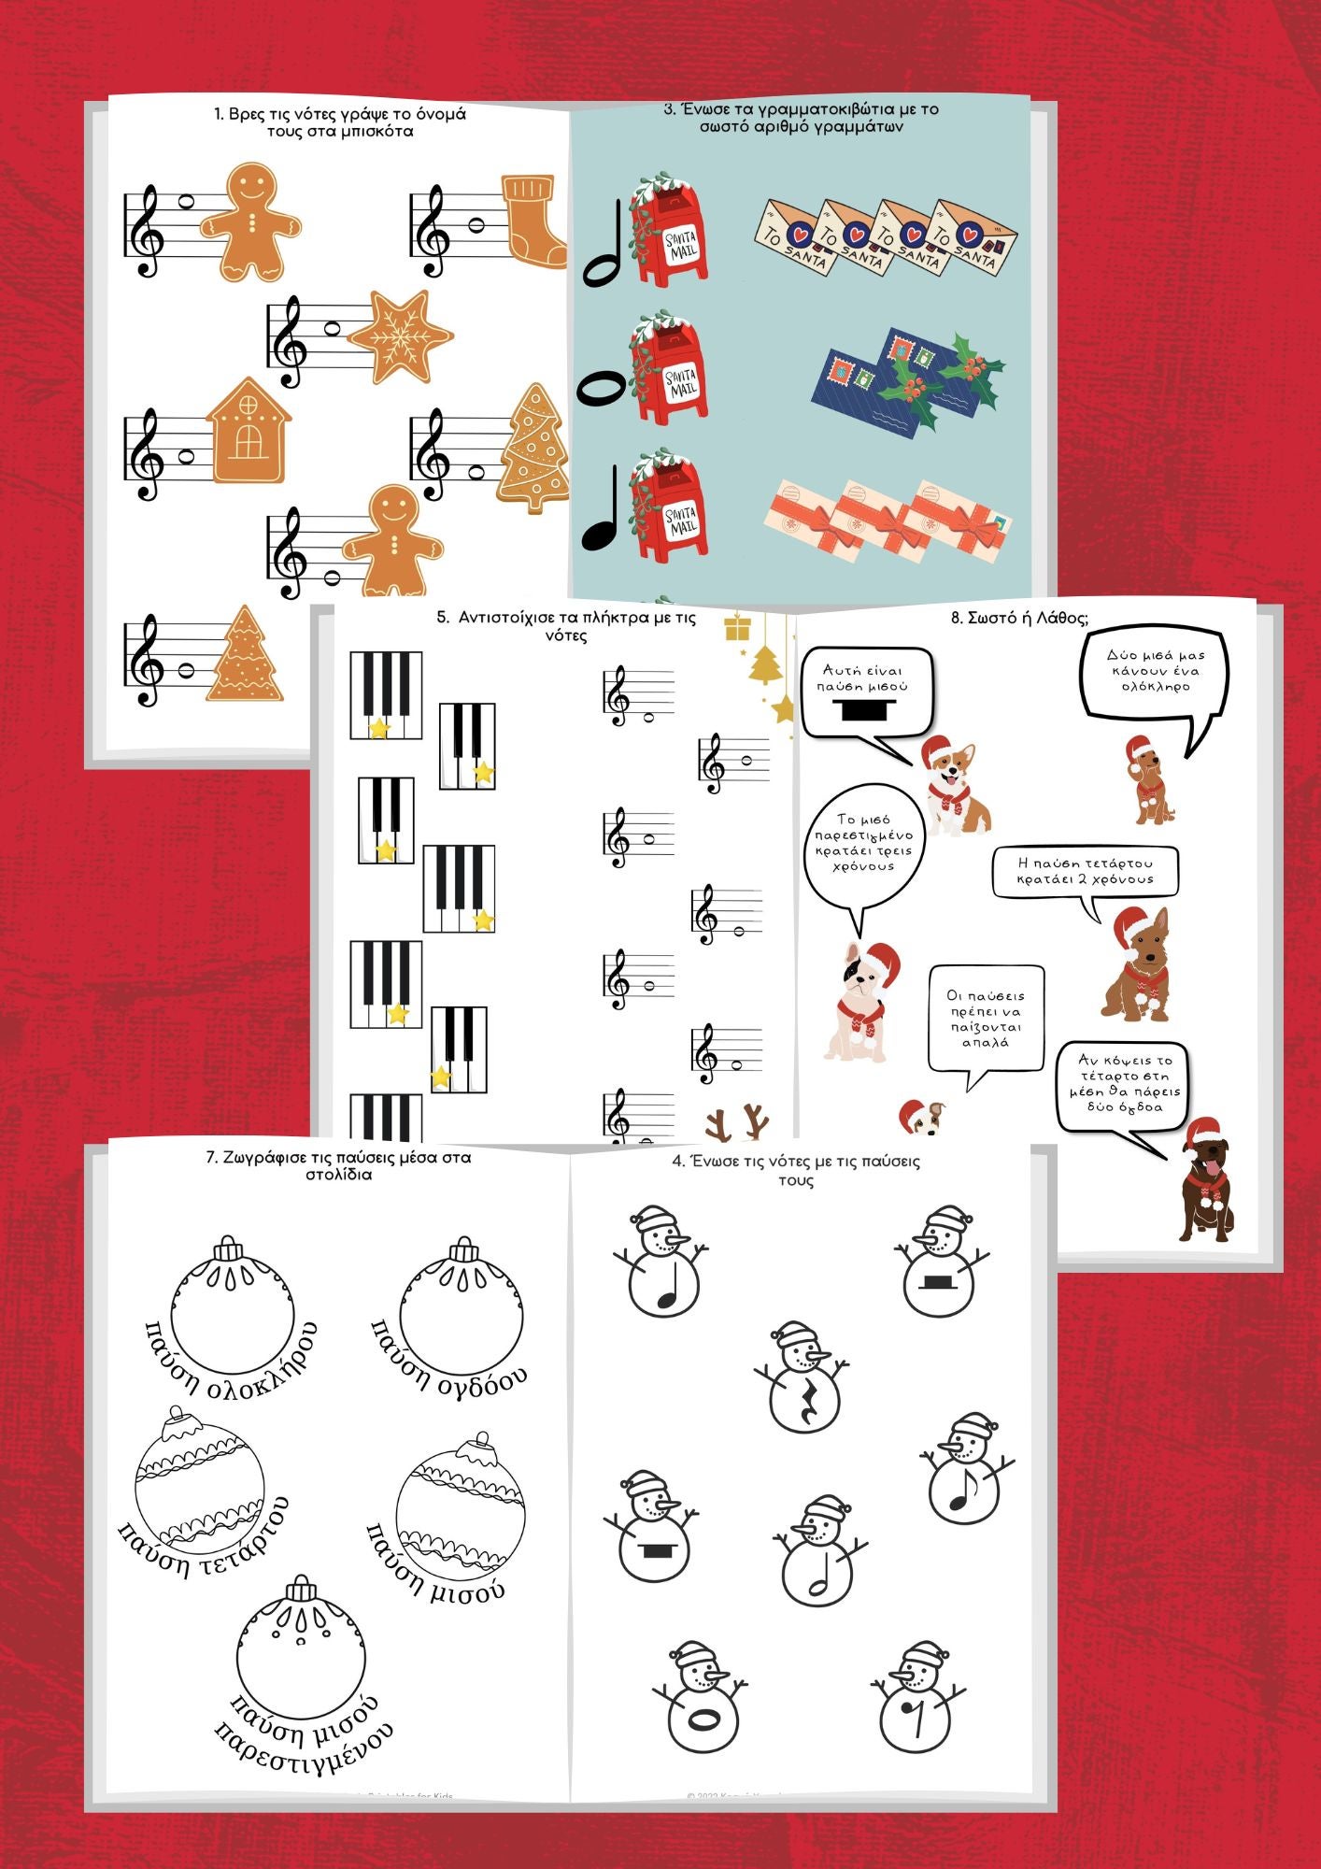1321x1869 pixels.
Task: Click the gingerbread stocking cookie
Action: (x=535, y=221)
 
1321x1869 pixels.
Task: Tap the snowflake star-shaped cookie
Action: (x=400, y=336)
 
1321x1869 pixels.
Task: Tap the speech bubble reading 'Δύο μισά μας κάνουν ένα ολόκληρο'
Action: (x=1154, y=672)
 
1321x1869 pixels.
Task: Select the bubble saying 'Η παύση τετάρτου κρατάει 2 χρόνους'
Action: (x=1085, y=871)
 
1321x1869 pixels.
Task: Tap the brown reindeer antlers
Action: (x=737, y=1121)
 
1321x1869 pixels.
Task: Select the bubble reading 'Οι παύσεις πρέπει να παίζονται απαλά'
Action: (x=986, y=1019)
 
